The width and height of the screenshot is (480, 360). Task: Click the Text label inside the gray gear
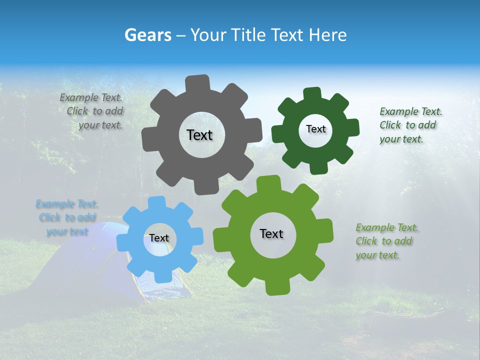(199, 135)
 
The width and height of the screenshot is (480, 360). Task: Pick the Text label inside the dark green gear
(315, 129)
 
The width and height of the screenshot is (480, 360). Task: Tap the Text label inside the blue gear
(159, 238)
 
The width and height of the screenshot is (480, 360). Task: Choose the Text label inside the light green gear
(271, 233)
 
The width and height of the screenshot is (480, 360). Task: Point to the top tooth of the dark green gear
(312, 93)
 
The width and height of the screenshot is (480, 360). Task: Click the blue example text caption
(67, 217)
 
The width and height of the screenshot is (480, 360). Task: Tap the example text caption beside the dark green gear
(410, 125)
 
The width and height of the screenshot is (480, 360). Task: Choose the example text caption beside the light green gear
(386, 241)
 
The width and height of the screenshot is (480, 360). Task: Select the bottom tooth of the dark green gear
(318, 168)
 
